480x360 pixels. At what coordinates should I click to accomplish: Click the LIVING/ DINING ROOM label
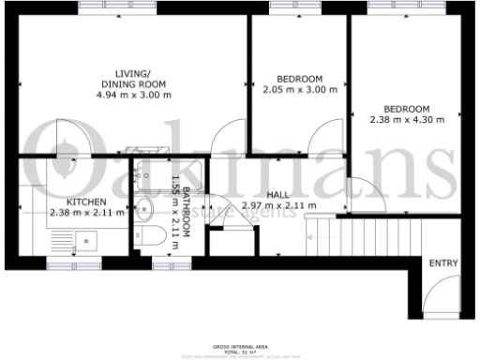coord(130,78)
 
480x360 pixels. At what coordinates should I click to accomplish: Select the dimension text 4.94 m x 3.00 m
coord(130,94)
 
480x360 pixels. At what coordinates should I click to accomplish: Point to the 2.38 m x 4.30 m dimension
coord(406,119)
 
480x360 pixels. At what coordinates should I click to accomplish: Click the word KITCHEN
coord(85,202)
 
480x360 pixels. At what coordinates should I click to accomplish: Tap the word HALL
coord(277,194)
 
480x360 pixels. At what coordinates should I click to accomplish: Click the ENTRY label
coord(443,263)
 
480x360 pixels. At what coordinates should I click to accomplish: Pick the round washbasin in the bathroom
coord(142,209)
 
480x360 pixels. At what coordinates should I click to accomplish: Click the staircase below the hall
coord(337,230)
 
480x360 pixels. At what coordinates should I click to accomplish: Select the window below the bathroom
coord(165,265)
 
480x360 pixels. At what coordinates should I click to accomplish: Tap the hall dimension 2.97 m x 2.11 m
coord(279,205)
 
